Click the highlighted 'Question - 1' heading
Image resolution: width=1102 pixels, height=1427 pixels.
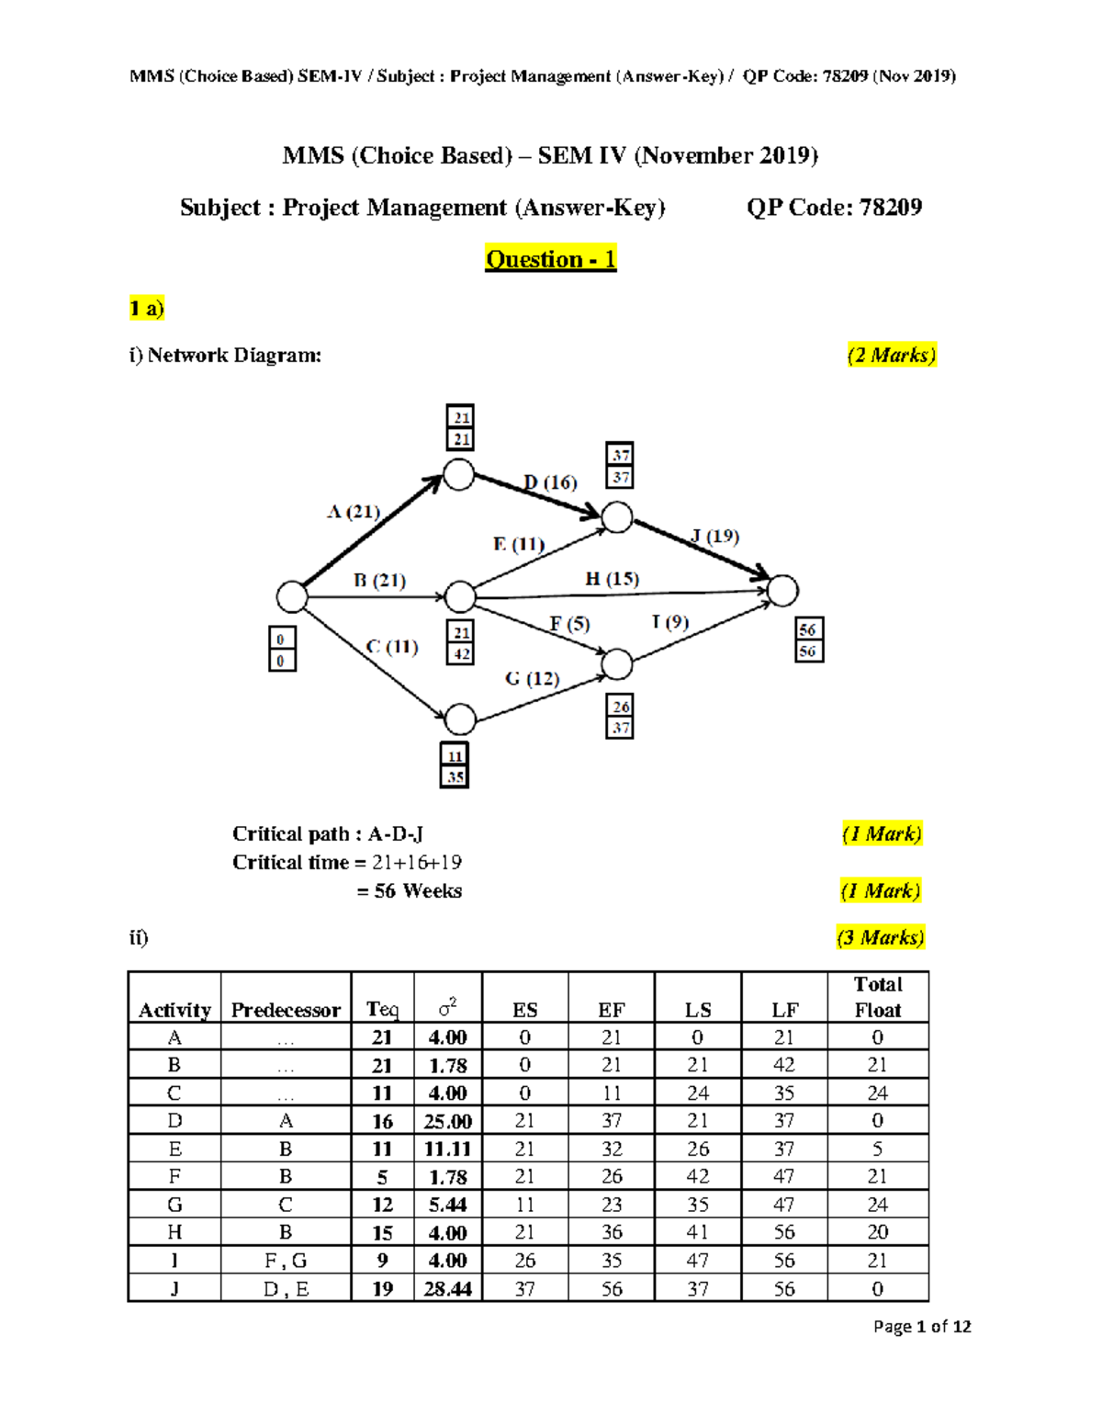tap(550, 259)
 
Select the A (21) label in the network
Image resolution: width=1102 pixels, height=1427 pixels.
tap(354, 512)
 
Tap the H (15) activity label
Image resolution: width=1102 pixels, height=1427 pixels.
tap(612, 579)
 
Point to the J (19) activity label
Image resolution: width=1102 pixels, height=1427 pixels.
tap(714, 536)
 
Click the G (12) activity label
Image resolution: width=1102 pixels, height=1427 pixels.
tap(532, 678)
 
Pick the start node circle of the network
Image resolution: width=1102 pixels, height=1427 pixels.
tap(292, 596)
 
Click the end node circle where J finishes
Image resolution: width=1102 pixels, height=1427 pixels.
tap(782, 591)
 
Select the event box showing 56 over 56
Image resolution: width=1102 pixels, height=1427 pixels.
tap(808, 640)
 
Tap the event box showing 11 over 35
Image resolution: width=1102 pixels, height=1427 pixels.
tap(455, 765)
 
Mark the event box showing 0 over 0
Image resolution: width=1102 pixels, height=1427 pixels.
tap(282, 649)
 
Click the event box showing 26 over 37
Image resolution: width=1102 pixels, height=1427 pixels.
tap(621, 717)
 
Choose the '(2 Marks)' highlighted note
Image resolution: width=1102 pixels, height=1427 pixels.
tap(891, 355)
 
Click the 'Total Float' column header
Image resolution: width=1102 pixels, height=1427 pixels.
tap(878, 997)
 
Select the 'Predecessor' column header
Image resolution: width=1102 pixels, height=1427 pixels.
tap(286, 1010)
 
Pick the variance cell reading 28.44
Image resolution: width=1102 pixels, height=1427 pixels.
tap(447, 1288)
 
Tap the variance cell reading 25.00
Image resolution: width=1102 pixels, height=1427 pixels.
tap(447, 1121)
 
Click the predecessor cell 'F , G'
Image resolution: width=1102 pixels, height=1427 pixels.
tap(286, 1261)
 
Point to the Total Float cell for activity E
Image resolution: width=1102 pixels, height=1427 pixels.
tap(877, 1149)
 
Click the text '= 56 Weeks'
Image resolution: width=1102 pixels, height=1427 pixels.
tap(410, 890)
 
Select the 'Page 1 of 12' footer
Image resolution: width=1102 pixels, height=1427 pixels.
tap(921, 1326)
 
